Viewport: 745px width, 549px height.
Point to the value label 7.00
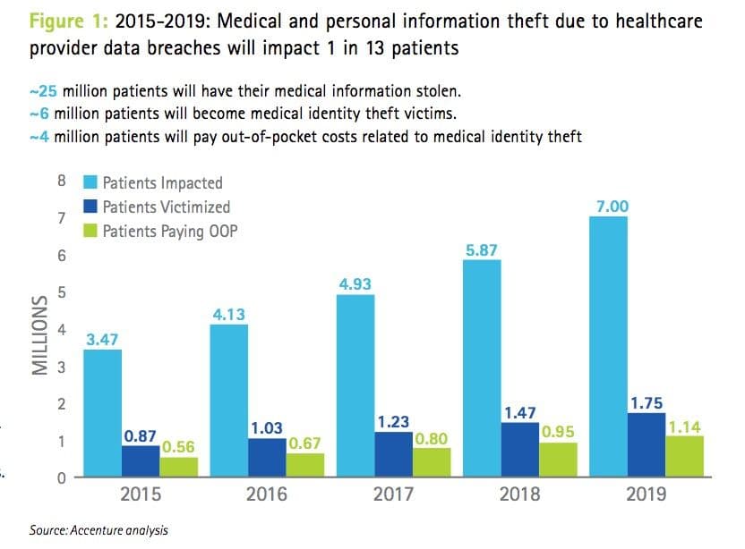[612, 207]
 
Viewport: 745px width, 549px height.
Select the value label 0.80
[432, 439]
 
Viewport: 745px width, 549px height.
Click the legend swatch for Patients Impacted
[90, 183]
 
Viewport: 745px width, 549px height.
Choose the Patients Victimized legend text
[166, 207]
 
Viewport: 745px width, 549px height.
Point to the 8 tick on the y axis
[61, 182]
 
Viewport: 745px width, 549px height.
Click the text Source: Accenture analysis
[98, 530]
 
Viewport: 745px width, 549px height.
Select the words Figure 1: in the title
[64, 21]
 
